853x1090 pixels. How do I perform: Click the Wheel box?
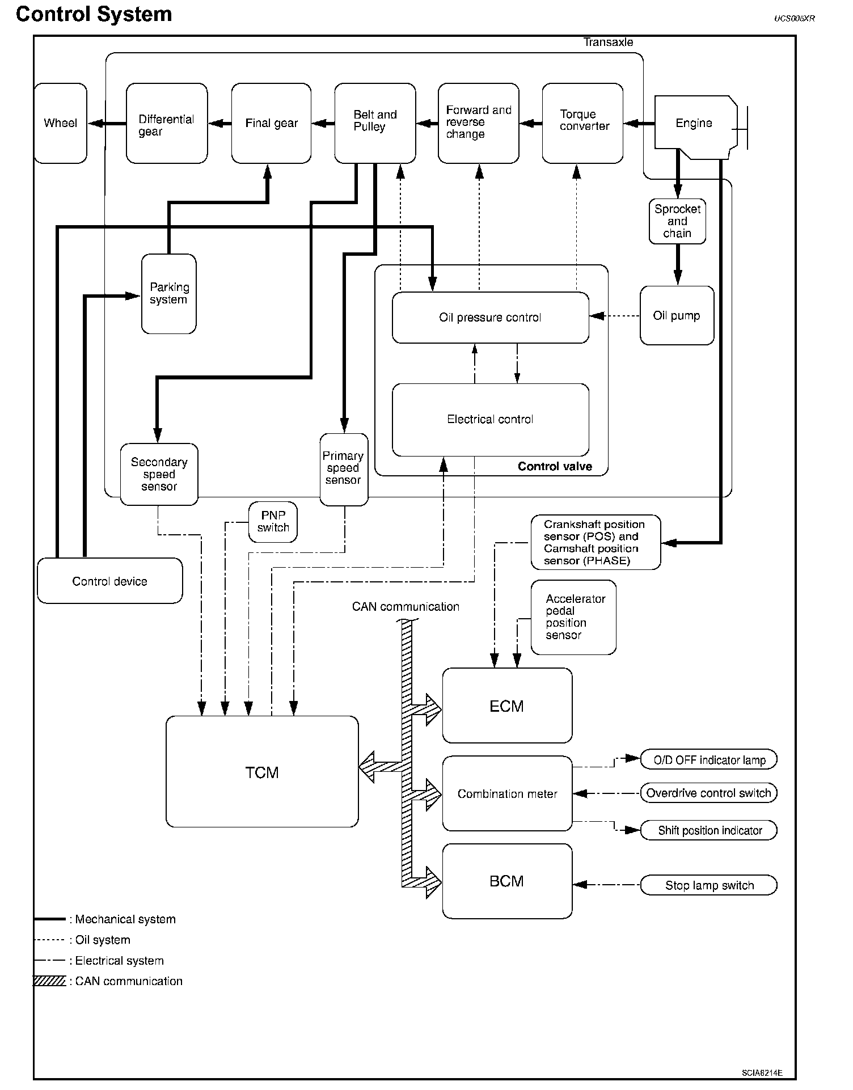[x=61, y=124]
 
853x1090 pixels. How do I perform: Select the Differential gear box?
[x=167, y=124]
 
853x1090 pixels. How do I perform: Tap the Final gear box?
[x=271, y=124]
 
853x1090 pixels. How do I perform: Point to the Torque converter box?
[x=582, y=124]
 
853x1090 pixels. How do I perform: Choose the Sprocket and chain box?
[x=677, y=221]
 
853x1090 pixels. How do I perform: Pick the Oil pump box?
[x=677, y=316]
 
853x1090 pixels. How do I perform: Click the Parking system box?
[x=169, y=294]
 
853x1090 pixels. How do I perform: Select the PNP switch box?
[x=273, y=522]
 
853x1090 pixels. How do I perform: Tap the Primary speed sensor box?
[x=344, y=469]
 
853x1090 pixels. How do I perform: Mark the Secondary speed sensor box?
[x=159, y=474]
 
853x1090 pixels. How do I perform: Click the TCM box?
[x=262, y=772]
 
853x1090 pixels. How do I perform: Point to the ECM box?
[x=507, y=706]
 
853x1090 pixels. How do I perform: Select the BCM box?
[x=507, y=881]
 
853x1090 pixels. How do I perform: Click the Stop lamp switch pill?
[x=708, y=885]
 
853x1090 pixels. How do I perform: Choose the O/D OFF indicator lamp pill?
[x=708, y=760]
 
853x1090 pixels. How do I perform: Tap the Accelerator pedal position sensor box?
[x=573, y=617]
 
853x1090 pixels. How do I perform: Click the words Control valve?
[x=555, y=467]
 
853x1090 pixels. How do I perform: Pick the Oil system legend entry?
[x=102, y=940]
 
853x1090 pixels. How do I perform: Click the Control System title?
[x=94, y=14]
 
